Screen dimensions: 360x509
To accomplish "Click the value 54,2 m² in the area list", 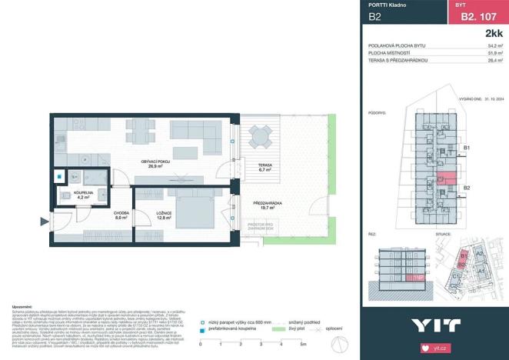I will pyautogui.click(x=495, y=46).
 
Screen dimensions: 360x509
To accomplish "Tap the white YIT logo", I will pyautogui.click(x=435, y=325).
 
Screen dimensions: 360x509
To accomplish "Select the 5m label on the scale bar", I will pyautogui.click(x=304, y=344).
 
